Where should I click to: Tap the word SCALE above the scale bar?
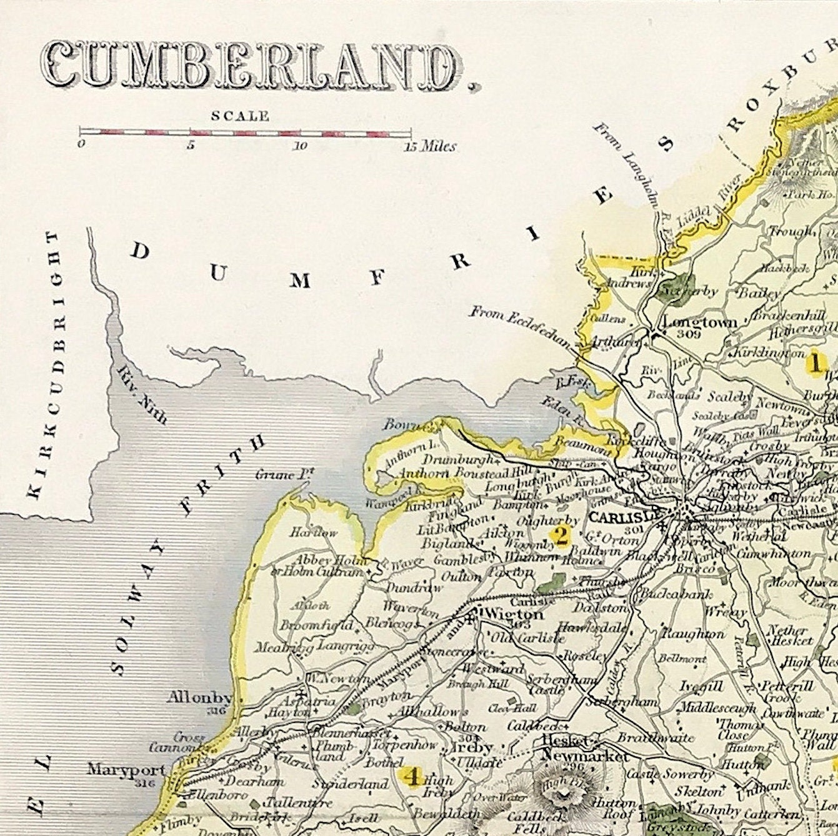pyautogui.click(x=241, y=116)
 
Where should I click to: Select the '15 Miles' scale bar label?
pyautogui.click(x=431, y=147)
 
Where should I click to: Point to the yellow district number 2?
pyautogui.click(x=561, y=535)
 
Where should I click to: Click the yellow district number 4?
pyautogui.click(x=412, y=777)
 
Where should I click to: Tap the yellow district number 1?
pyautogui.click(x=815, y=362)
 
